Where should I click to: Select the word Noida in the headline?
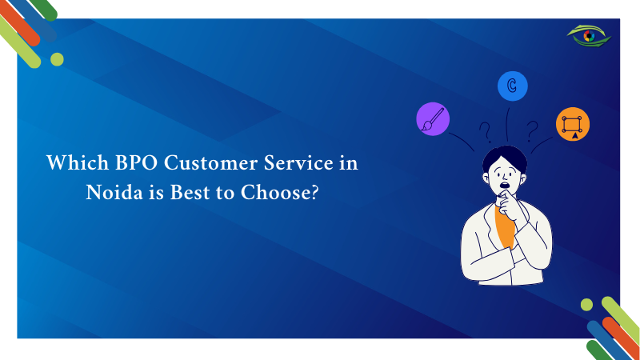[114, 192]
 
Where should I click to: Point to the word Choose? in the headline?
[279, 192]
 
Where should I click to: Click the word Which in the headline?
[78, 162]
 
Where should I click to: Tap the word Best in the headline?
[190, 192]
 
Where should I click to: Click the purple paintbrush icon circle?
[433, 118]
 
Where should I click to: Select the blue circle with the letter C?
[512, 86]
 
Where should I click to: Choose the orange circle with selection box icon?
[573, 124]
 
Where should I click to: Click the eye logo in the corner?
[589, 36]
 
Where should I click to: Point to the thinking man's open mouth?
[505, 186]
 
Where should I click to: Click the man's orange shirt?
[504, 226]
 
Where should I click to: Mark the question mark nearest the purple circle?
[485, 132]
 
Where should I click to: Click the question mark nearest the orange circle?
[532, 131]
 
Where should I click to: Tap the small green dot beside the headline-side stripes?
[57, 59]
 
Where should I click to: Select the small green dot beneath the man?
[586, 305]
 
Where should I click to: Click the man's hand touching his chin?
[509, 206]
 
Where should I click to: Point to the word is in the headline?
[156, 192]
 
